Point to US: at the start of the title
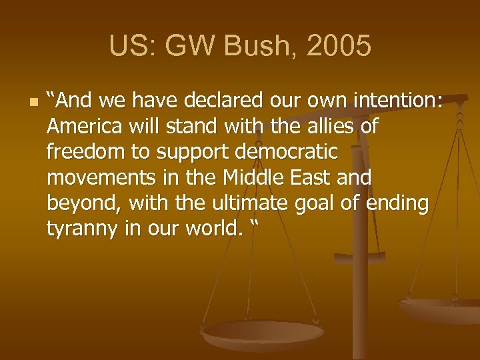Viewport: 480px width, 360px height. pyautogui.click(x=129, y=47)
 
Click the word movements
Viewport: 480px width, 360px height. pyautogui.click(x=93, y=178)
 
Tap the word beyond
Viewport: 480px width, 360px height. pyautogui.click(x=83, y=204)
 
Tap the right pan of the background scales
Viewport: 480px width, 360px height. pyautogui.click(x=440, y=308)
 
